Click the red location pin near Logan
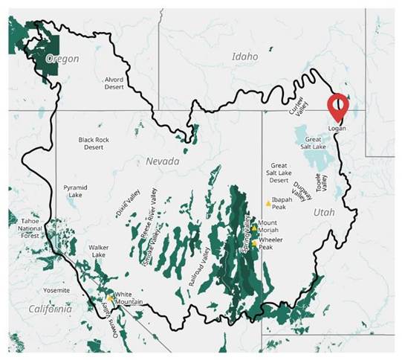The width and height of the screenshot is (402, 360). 339,107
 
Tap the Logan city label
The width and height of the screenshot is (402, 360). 337,127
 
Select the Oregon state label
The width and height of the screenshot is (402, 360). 62,59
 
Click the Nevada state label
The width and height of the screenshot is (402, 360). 162,161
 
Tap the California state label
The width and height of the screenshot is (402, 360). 45,308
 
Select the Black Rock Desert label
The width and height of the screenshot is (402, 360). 94,143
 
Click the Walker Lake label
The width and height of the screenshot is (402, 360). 99,251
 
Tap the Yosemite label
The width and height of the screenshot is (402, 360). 56,290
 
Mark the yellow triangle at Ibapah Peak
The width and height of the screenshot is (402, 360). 268,203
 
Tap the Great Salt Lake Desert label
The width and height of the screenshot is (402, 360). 279,173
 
